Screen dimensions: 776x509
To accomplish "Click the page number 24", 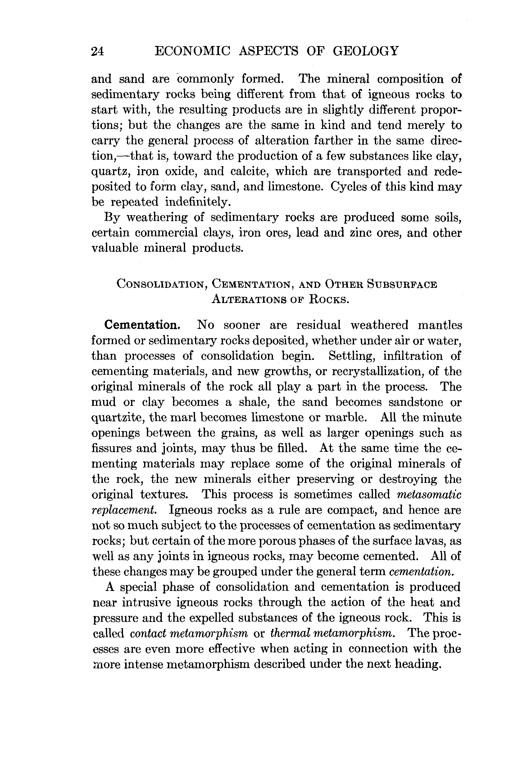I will pos(98,52).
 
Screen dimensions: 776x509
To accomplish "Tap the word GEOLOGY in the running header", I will pos(366,51).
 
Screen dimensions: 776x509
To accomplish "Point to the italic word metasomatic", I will pos(429,494).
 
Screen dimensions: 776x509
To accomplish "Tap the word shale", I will pos(255,402).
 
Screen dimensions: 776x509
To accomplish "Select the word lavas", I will pos(431,541).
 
